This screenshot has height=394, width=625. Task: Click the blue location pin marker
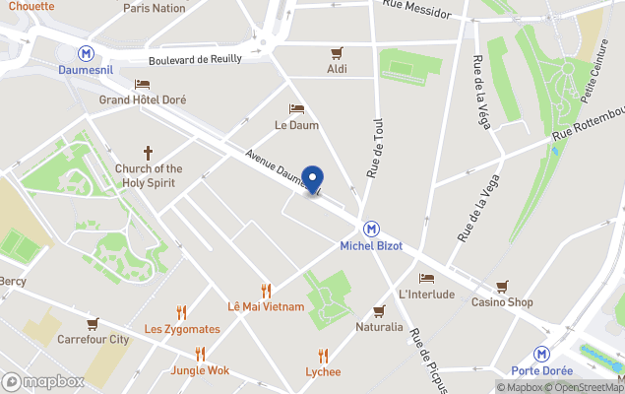click(x=313, y=180)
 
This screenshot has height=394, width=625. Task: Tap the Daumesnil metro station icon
click(x=88, y=53)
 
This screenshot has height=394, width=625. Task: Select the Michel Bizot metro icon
click(x=371, y=228)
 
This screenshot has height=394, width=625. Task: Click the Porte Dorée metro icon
click(x=541, y=354)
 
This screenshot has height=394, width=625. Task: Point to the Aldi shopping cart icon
click(x=338, y=52)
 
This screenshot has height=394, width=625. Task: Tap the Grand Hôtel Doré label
click(x=143, y=99)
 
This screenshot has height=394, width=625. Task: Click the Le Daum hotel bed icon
click(x=296, y=109)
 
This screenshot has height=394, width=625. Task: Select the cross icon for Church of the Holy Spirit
click(x=149, y=153)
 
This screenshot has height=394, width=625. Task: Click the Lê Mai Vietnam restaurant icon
click(x=266, y=290)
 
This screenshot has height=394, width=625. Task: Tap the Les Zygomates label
click(x=182, y=328)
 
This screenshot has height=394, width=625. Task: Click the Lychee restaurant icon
click(x=323, y=356)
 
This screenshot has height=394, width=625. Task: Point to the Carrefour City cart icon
click(x=93, y=323)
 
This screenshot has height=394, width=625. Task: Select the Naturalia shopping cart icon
click(x=379, y=310)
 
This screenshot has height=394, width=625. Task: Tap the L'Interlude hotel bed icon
click(x=426, y=278)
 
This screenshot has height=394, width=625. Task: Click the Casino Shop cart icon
click(x=503, y=286)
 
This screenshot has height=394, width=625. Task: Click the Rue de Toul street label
click(x=375, y=148)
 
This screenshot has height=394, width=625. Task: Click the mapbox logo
click(x=43, y=381)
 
